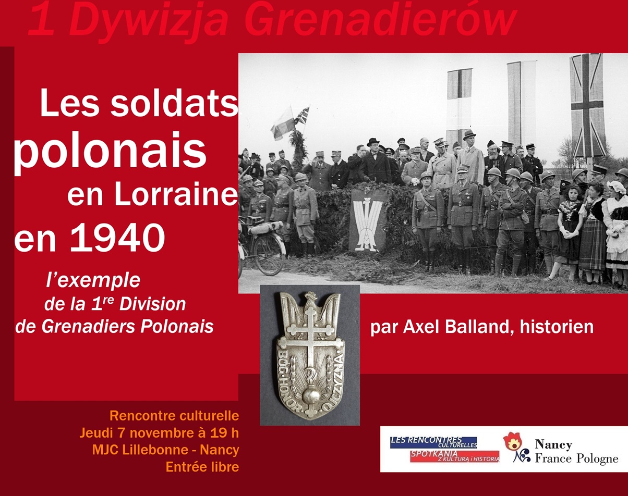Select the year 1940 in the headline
(117, 238)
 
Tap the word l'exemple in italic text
(93, 281)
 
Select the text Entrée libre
(202, 467)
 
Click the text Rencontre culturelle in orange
(174, 416)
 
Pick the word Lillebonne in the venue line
(155, 450)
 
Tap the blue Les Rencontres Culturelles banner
(433, 442)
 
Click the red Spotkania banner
(455, 456)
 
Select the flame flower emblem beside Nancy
(512, 441)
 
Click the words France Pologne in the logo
(576, 458)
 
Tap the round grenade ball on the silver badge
(311, 397)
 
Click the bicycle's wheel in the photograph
(269, 255)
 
